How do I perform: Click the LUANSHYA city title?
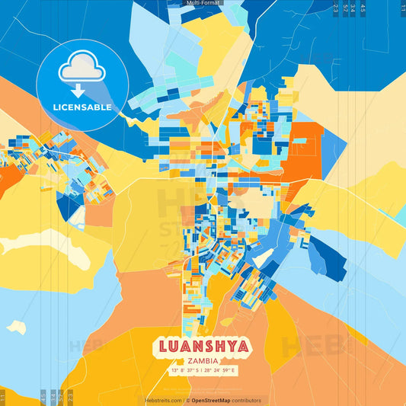tap(203, 347)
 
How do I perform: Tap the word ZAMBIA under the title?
tap(203, 361)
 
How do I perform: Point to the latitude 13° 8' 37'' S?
tap(185, 371)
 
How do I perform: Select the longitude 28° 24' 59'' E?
tap(222, 371)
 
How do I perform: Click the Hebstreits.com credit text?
tap(163, 400)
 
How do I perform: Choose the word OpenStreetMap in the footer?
tap(216, 400)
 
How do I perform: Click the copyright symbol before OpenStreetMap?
tap(187, 400)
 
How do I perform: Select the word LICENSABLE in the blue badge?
tap(83, 107)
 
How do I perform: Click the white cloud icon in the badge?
tap(82, 69)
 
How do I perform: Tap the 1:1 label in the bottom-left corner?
tap(3, 396)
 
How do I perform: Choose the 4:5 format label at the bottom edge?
tap(43, 396)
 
